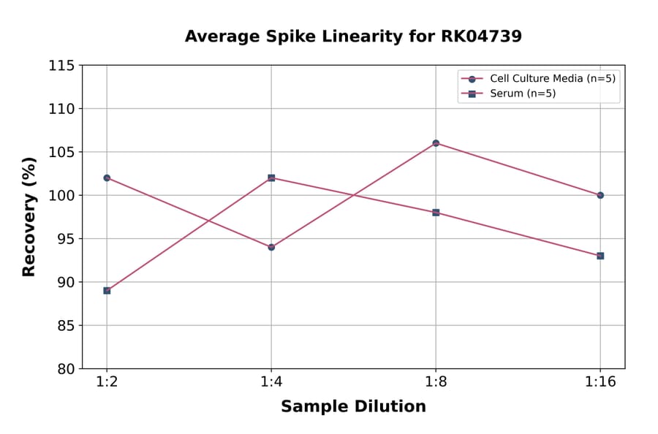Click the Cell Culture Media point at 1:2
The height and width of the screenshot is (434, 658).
coord(107,178)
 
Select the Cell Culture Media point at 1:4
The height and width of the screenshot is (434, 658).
coord(271,247)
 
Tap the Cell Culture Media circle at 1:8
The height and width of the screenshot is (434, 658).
coord(436,143)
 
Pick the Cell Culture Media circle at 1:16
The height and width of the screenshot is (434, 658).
coord(600,195)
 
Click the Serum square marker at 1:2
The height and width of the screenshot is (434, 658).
coord(107,290)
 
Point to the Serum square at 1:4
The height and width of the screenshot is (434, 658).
coord(271,178)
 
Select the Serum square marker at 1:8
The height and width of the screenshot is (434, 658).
coord(436,213)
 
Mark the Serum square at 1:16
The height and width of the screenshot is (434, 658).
coord(600,256)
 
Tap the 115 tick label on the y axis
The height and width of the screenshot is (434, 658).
coord(61,66)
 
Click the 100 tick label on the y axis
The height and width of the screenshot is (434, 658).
coord(61,196)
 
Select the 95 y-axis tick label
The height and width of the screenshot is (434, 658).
coord(66,239)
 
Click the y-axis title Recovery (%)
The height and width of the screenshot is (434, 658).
coord(29,217)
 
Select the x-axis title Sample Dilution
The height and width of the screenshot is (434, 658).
coord(353,407)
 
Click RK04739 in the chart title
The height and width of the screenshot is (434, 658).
coord(481,37)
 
